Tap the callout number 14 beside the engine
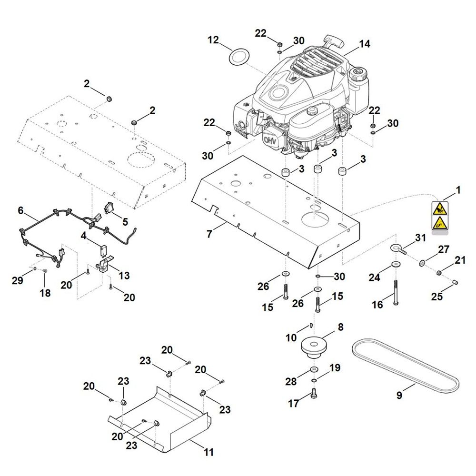(364, 44)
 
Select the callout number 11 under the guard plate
(208, 452)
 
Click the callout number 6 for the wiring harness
(20, 210)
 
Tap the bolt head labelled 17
(314, 394)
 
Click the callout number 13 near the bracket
(124, 276)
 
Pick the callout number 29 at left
(17, 281)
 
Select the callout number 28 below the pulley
(291, 381)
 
